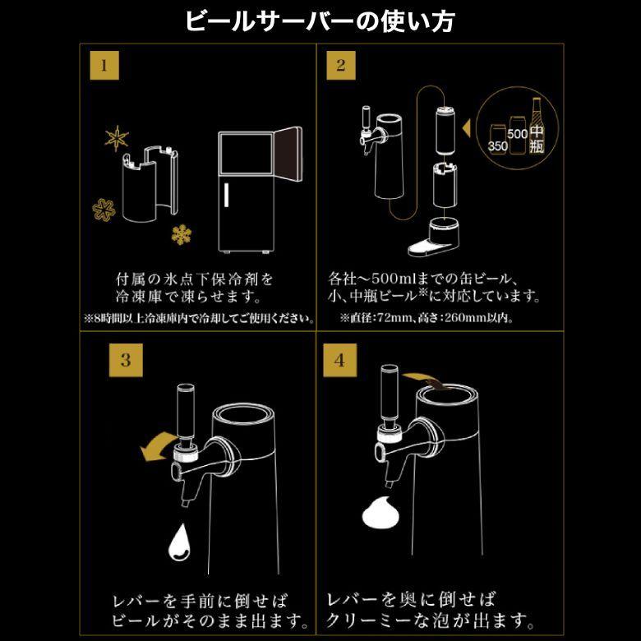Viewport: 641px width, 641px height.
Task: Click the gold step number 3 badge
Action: click(125, 359)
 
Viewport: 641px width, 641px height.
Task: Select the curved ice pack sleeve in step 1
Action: click(148, 185)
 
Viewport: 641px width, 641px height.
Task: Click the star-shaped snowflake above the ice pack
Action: click(118, 138)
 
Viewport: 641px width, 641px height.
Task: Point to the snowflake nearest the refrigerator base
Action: click(182, 235)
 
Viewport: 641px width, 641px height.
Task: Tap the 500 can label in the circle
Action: click(517, 131)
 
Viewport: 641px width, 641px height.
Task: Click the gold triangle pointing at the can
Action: click(464, 128)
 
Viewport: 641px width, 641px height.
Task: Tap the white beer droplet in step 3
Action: click(180, 542)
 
